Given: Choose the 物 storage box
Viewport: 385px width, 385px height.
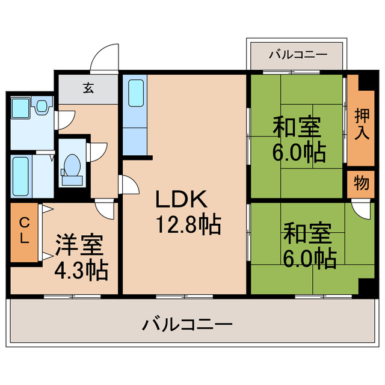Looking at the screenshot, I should [361, 184].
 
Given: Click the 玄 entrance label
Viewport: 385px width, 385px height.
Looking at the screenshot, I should [88, 88].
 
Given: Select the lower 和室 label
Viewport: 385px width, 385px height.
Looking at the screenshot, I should [307, 232].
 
